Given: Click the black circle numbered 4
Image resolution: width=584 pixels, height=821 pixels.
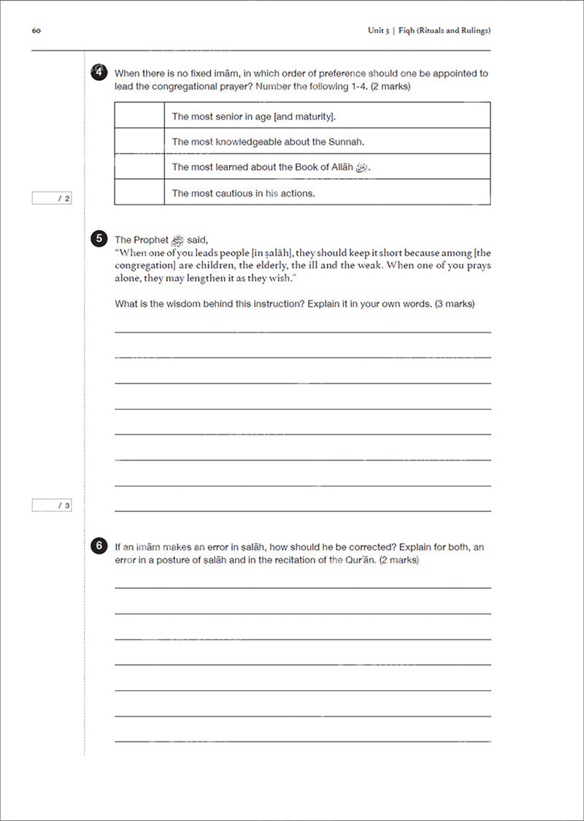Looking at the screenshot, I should [99, 72].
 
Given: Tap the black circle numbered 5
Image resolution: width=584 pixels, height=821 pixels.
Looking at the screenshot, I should [99, 238].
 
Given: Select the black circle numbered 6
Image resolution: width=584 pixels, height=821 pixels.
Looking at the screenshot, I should [99, 546].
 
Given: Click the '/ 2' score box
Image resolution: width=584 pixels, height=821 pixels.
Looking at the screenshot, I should [52, 198].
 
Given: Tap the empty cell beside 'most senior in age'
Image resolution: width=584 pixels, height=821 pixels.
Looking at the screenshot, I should [139, 115].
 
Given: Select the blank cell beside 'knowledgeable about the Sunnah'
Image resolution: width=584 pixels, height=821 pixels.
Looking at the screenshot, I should [139, 141].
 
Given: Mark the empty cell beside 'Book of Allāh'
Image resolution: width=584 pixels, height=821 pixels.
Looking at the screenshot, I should [139, 167].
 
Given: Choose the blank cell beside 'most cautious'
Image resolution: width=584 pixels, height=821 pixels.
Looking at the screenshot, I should [139, 192].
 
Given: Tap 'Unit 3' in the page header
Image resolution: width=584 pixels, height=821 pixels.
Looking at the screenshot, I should [378, 31].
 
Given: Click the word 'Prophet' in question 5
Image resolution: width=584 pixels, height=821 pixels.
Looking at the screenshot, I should [151, 240].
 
